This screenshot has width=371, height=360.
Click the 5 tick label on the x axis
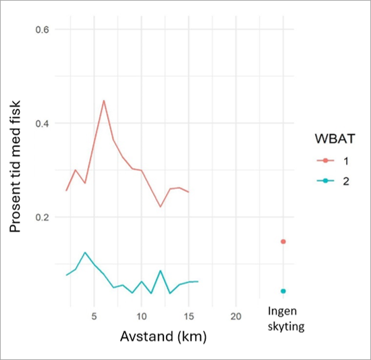(94, 316)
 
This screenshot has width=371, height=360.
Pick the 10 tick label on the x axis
(142, 316)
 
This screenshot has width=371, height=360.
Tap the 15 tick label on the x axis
(188, 316)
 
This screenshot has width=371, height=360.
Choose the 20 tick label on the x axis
(235, 316)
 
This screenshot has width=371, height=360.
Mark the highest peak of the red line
(104, 100)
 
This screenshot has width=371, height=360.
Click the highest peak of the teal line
(85, 253)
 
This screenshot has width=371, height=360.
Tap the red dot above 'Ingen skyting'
(283, 241)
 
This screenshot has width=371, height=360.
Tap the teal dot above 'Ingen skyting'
(283, 291)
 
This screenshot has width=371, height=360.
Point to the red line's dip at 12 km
(161, 207)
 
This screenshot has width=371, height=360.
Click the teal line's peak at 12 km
(161, 271)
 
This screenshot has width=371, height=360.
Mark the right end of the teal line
(198, 281)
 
